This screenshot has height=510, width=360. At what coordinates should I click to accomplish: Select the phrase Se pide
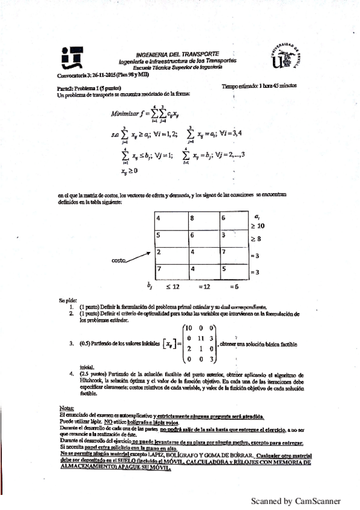(67, 300)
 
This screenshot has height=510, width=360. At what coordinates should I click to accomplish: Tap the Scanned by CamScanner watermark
(295, 500)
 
